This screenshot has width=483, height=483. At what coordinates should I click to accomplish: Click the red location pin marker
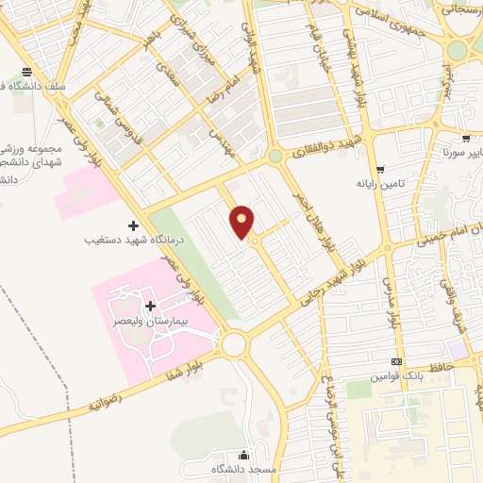click(242, 222)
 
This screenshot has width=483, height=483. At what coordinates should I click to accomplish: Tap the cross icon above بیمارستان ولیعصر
click(151, 306)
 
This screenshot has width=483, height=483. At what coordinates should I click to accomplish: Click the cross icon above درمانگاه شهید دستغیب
click(133, 225)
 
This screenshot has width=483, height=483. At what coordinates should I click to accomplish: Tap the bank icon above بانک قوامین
click(396, 362)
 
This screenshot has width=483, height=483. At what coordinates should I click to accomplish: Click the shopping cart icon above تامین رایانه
click(379, 171)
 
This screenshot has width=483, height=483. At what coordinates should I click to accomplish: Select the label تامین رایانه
click(380, 185)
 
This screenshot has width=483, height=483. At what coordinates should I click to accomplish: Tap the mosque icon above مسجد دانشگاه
click(245, 455)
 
